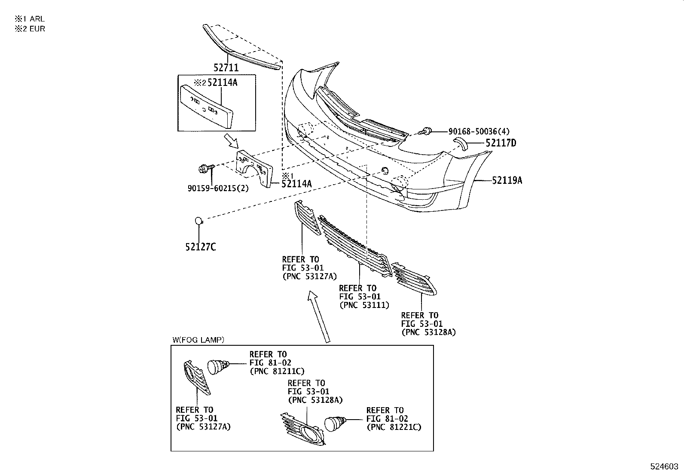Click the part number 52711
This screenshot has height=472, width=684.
point(226,68)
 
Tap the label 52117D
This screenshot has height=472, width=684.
point(501,143)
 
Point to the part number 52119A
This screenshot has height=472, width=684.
point(507,181)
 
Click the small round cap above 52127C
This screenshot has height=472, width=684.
point(198,221)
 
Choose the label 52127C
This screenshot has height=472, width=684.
point(200,247)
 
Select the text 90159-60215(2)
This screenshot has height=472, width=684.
point(218,188)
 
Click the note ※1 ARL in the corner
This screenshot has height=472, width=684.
point(30,19)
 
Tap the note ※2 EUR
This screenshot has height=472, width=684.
point(30,29)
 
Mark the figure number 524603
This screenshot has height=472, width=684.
point(665,466)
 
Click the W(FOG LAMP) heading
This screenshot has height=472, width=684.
point(198,340)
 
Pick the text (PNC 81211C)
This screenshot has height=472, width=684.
point(277,371)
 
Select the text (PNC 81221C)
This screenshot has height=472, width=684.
point(394,427)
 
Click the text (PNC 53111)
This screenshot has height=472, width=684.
point(364,305)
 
